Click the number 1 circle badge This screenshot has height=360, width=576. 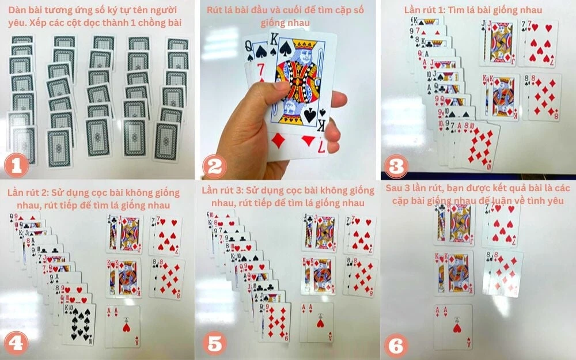click(x=17, y=165)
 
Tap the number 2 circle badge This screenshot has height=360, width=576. click(x=214, y=166)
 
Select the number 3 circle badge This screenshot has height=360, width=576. click(x=396, y=166)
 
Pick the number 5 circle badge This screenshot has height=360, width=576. click(x=214, y=344)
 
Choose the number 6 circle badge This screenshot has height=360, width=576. click(x=396, y=346)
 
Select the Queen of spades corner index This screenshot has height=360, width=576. click(x=249, y=51)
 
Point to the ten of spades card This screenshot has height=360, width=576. click(x=79, y=324)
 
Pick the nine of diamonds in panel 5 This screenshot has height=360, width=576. click(x=275, y=322)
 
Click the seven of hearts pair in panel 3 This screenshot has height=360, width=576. click(x=538, y=43)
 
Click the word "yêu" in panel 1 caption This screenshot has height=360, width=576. click(x=16, y=22)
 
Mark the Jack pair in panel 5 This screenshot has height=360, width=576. click(x=319, y=233)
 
